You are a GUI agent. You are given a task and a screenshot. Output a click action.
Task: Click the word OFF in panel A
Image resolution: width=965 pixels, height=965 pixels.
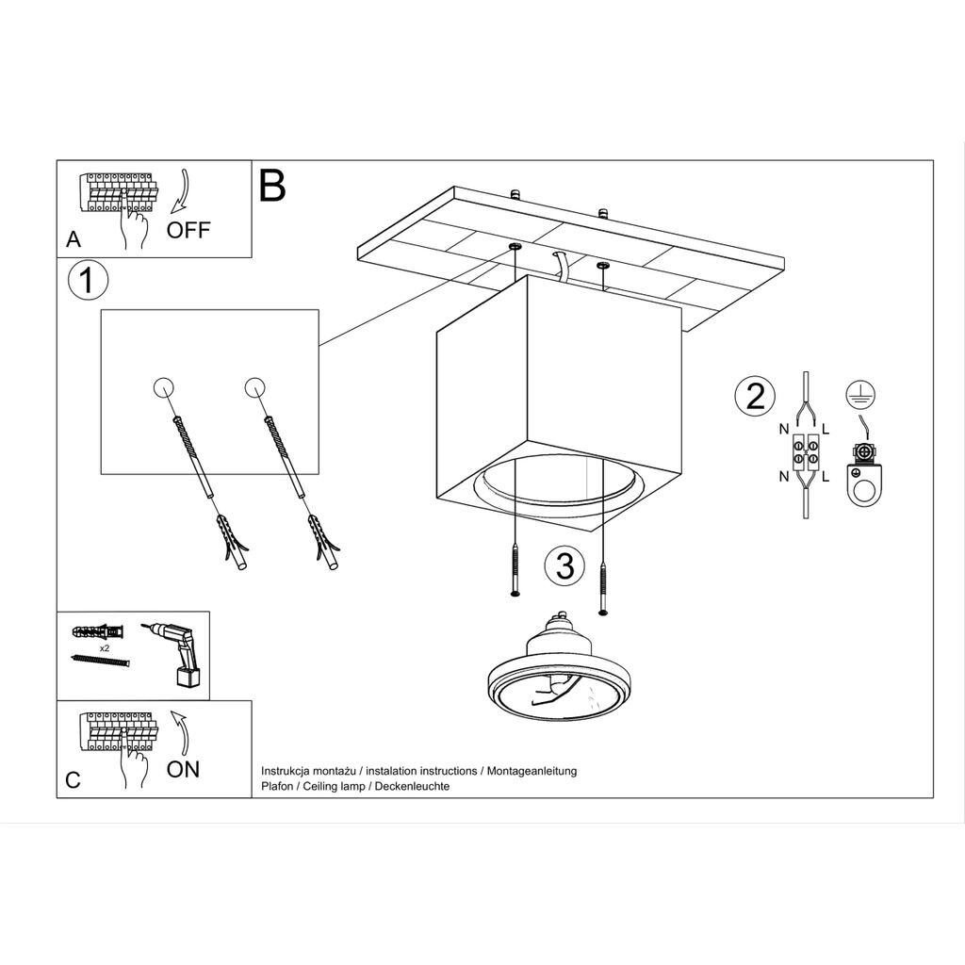(188, 230)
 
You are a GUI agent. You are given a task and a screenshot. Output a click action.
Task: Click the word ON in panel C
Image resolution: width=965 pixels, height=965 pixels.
(183, 769)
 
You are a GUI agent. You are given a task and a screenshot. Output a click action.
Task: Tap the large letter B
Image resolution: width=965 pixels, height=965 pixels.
(272, 186)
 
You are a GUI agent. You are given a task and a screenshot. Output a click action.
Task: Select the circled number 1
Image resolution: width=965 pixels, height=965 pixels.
(88, 281)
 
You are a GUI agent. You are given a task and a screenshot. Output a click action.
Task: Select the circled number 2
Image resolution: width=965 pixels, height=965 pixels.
(755, 396)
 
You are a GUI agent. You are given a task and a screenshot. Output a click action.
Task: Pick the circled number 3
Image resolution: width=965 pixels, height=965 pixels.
(565, 566)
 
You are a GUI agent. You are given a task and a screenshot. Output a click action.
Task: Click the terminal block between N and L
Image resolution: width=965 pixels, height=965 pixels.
(806, 451)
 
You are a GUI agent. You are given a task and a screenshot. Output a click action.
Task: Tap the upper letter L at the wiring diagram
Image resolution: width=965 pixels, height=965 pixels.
(826, 429)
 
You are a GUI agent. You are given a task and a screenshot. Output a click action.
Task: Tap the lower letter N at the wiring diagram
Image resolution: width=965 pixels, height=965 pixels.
(783, 476)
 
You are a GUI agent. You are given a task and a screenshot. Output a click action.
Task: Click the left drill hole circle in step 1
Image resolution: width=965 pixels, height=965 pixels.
(163, 387)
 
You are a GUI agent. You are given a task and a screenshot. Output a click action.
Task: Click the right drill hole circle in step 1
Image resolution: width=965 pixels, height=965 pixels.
(254, 387)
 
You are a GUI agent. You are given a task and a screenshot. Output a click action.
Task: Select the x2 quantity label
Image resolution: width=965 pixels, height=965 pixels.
(104, 648)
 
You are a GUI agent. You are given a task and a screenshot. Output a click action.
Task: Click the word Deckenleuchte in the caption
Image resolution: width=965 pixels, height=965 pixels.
(412, 786)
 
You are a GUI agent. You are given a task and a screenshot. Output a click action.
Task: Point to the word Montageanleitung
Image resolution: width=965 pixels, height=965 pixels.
(532, 771)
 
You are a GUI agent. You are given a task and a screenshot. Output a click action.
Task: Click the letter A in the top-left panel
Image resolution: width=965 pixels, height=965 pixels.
(74, 238)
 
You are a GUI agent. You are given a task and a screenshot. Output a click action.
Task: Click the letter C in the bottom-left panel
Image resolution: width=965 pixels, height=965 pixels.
(73, 780)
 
